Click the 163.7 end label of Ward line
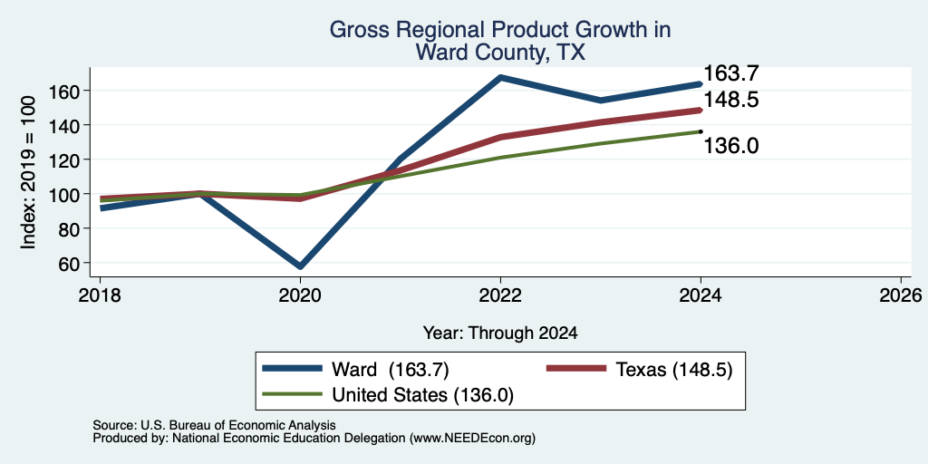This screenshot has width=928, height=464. (x=731, y=74)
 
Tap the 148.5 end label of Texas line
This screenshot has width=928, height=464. (x=731, y=100)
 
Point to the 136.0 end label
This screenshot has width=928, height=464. (x=731, y=146)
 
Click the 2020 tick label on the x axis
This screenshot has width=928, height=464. (x=300, y=295)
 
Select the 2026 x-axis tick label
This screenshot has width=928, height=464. (x=901, y=295)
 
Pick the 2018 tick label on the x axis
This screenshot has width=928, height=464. (x=100, y=295)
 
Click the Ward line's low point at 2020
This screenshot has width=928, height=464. (x=300, y=266)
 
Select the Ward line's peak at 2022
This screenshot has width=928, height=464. (x=500, y=78)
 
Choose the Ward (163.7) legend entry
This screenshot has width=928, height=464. (x=355, y=370)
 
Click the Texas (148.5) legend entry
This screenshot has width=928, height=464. (x=640, y=370)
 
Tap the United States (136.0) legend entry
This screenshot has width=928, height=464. (x=388, y=395)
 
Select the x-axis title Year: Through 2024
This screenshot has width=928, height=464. (x=500, y=333)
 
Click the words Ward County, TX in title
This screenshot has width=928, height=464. (x=500, y=53)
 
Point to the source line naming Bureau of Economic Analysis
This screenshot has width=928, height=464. (x=214, y=425)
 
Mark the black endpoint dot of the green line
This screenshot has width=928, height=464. (x=701, y=131)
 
